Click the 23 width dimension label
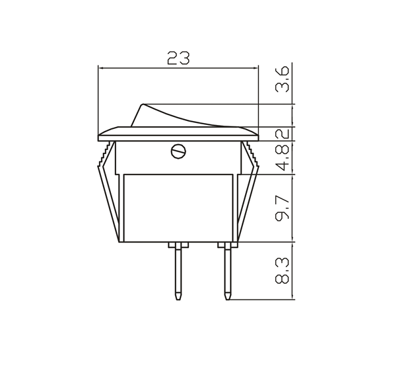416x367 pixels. pos(178,58)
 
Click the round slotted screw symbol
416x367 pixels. pos(177,151)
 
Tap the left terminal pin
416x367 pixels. pos(178,268)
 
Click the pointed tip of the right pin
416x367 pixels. pos(227,296)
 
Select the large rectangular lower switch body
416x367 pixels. pos(177,206)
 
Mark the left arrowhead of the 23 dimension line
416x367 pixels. pos(100,67)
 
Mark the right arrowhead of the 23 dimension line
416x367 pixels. pos(254,67)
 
